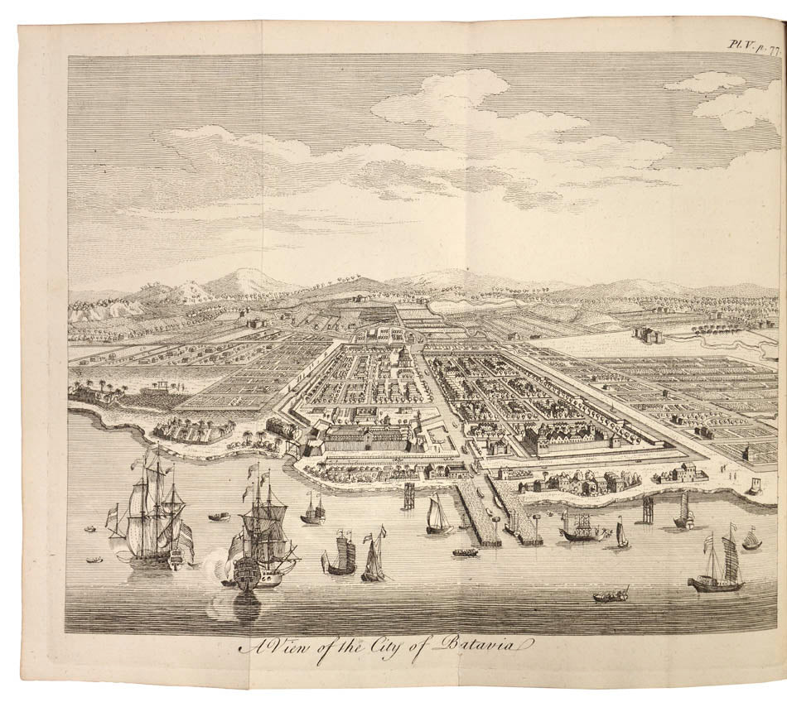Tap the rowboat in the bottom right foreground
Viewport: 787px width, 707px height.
(611, 595)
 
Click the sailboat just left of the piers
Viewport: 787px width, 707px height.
(437, 517)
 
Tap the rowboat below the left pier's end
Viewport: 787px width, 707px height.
(466, 551)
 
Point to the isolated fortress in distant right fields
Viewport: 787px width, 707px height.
(647, 334)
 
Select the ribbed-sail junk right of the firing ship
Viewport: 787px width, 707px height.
(340, 555)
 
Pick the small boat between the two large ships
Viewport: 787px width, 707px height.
(219, 517)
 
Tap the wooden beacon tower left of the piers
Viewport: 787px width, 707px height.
(408, 495)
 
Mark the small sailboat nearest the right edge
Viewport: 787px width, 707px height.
(751, 540)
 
